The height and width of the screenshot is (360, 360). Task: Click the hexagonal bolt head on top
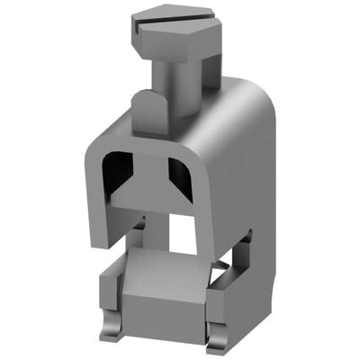(175, 27)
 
